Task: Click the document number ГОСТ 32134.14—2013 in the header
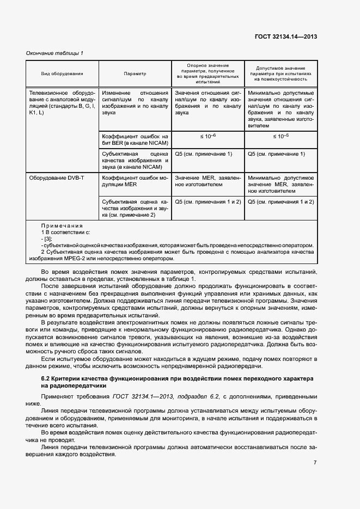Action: tap(286, 37)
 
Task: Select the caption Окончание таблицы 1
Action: tap(55, 53)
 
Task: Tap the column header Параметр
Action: tap(135, 73)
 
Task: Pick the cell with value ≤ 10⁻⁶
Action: tap(208, 136)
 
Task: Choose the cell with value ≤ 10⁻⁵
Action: tap(280, 136)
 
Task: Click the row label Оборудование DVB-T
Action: tap(57, 178)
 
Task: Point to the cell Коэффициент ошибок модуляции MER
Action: tap(135, 181)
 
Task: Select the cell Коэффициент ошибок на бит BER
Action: tap(135, 139)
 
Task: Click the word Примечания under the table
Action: tap(62, 225)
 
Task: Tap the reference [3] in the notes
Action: tap(48, 239)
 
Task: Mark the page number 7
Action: tap(315, 463)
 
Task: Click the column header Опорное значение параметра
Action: tap(208, 73)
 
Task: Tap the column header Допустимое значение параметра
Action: tap(280, 73)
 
